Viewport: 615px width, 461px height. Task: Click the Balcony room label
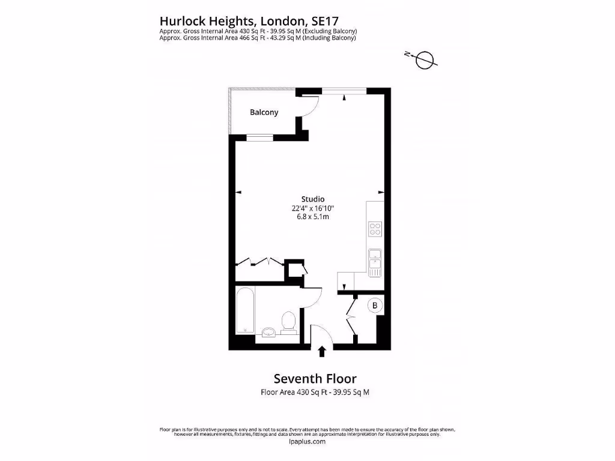(264, 112)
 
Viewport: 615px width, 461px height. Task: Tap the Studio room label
(313, 199)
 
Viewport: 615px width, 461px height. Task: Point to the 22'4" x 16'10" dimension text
(313, 208)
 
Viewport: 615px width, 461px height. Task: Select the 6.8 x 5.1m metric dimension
(313, 217)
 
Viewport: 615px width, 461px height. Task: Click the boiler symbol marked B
(375, 306)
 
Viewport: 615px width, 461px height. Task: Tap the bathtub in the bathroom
(246, 312)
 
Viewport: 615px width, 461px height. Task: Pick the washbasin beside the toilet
(268, 331)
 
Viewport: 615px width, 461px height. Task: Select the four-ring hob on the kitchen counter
(375, 229)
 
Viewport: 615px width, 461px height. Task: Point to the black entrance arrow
(323, 351)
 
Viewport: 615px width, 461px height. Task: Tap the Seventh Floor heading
(315, 379)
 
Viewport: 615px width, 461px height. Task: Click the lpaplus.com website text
(307, 441)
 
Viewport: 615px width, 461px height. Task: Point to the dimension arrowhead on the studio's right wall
(381, 192)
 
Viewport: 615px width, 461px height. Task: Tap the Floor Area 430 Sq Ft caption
(288, 392)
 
